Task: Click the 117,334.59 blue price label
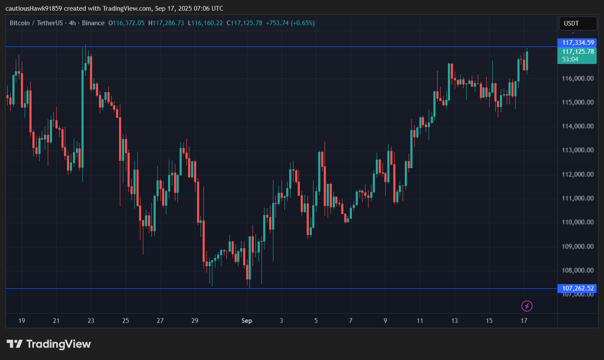(x=578, y=43)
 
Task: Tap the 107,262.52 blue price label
(x=578, y=288)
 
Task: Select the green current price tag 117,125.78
(x=578, y=52)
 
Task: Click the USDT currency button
(x=578, y=23)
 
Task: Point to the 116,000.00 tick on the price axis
(x=578, y=78)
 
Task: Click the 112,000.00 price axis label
(x=578, y=174)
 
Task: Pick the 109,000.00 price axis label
(x=578, y=246)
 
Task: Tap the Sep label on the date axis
(x=247, y=321)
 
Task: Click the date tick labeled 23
(x=91, y=321)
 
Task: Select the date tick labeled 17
(x=524, y=321)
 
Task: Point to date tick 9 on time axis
(x=385, y=321)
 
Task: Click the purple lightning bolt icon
(x=527, y=306)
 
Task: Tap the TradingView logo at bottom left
(x=49, y=344)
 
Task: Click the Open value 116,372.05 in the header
(x=128, y=23)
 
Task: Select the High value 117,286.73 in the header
(x=168, y=23)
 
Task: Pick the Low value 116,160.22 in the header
(x=207, y=23)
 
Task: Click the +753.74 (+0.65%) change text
(x=290, y=23)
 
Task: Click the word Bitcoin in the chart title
(x=20, y=23)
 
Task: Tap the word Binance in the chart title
(x=93, y=23)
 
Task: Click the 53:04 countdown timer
(x=570, y=59)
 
